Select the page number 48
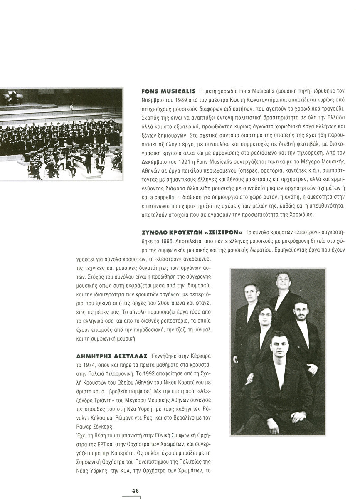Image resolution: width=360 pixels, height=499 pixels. tap(136, 490)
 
